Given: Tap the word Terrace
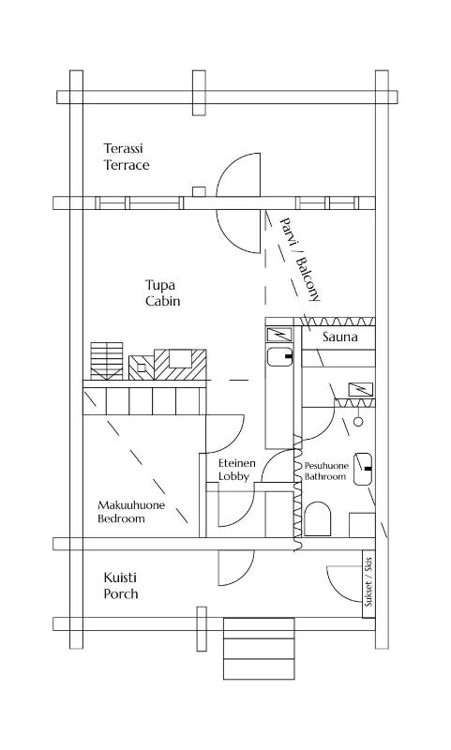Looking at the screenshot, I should pos(127,165).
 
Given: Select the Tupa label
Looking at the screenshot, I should pos(160,285).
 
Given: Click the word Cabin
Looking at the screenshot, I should pos(162,302).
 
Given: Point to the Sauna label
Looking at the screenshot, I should pos(340,337).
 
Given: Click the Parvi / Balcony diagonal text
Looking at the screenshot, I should pos(300,258).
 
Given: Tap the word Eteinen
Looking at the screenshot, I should pos(237,463).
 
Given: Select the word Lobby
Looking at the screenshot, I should pos(233,477).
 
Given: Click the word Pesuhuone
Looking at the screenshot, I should pos(326,465).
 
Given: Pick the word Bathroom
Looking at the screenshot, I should pos(325,477).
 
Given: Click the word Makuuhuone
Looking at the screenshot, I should pos(131,505).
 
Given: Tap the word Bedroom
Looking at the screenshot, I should pos(122,518).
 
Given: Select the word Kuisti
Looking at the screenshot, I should pos(120,577).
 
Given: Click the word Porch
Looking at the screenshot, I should pos(121,594).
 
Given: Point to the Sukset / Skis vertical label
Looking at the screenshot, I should pos(368,583).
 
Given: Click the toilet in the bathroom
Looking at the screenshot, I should pos(318,518).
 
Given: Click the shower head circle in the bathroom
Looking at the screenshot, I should pos(358,422).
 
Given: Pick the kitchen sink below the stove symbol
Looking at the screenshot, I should pos(280,357).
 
